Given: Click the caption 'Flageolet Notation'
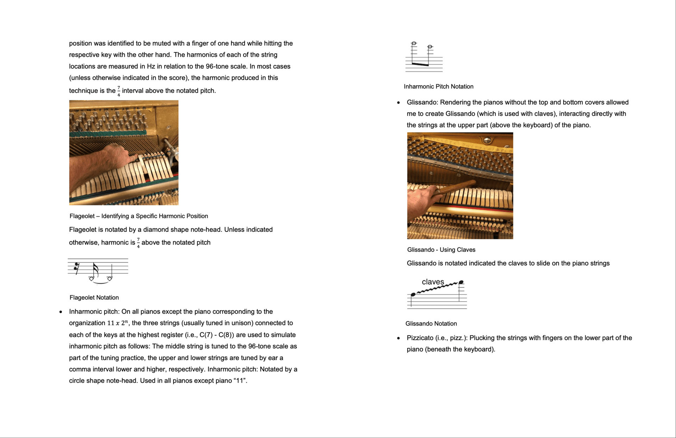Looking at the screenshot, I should (x=94, y=297).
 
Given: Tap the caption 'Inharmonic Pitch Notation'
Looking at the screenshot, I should (x=438, y=86).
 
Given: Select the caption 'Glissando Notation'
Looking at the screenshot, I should (x=431, y=323).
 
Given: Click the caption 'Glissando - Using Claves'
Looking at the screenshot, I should (x=441, y=249).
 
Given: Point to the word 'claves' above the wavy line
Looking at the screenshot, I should (x=433, y=282).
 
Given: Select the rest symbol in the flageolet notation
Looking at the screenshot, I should (x=76, y=268).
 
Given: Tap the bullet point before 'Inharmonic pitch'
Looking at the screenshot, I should (x=61, y=312).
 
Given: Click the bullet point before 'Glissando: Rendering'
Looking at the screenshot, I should (x=399, y=103).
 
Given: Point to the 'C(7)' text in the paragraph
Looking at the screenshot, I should (x=206, y=335).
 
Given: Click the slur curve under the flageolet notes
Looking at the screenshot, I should (x=101, y=282).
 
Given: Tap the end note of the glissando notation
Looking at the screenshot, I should (x=461, y=282).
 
